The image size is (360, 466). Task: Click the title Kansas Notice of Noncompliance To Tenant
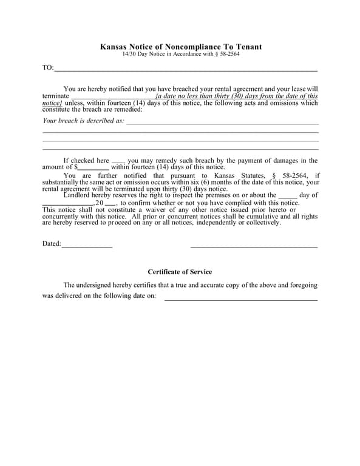click(x=180, y=47)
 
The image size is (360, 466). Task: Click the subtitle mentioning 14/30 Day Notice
click(x=180, y=55)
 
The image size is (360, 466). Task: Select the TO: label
click(x=48, y=67)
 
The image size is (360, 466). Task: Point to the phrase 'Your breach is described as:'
click(x=83, y=121)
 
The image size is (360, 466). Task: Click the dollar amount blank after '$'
click(x=93, y=168)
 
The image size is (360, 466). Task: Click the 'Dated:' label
click(x=51, y=244)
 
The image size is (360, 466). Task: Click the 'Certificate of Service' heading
click(x=180, y=272)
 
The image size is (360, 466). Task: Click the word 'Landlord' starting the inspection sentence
click(x=77, y=195)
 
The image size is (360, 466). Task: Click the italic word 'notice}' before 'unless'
click(x=52, y=103)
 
